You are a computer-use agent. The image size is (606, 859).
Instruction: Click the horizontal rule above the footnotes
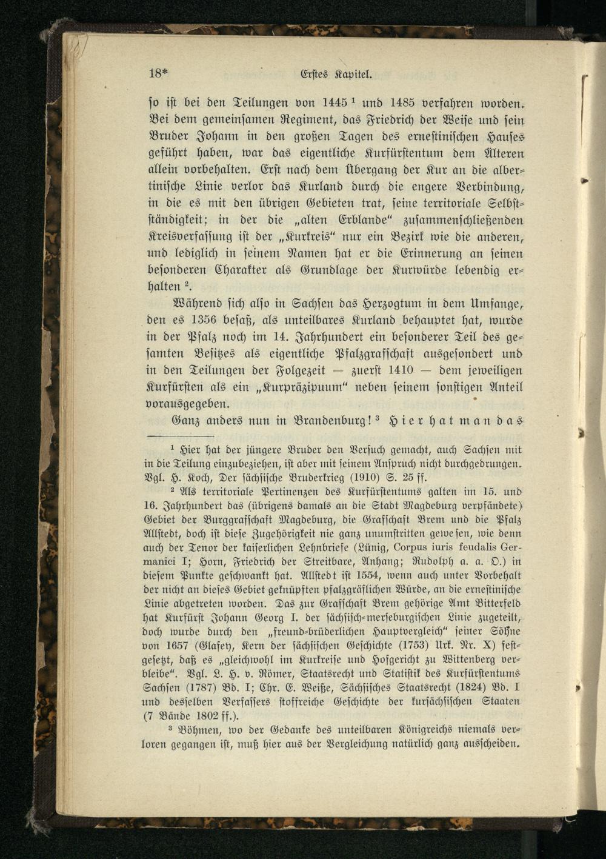pyautogui.click(x=181, y=436)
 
